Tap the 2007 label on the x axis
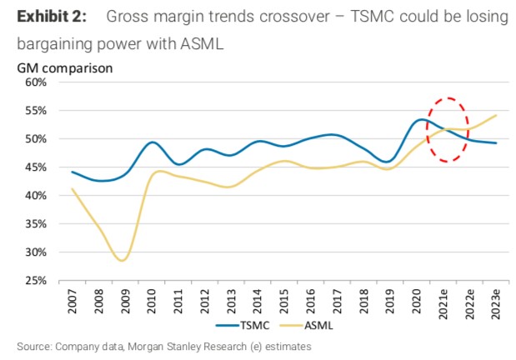pyautogui.click(x=73, y=299)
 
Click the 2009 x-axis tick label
pyautogui.click(x=125, y=299)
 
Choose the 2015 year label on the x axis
pyautogui.click(x=283, y=299)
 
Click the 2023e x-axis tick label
pyautogui.click(x=495, y=302)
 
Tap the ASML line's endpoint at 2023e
pyautogui.click(x=495, y=115)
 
